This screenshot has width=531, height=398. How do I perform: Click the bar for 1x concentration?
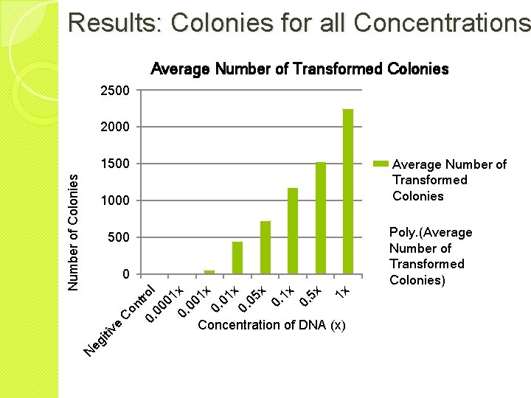click(x=348, y=192)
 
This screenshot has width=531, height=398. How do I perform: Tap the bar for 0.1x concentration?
click(x=293, y=231)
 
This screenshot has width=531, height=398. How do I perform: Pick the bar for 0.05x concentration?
click(x=265, y=248)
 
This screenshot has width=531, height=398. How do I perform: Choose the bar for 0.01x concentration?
click(x=237, y=258)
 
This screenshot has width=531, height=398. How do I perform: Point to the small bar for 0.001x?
click(x=209, y=272)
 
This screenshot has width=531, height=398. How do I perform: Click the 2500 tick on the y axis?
click(x=114, y=91)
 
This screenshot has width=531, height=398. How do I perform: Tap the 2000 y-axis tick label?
click(x=114, y=127)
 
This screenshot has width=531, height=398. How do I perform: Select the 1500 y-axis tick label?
click(x=114, y=164)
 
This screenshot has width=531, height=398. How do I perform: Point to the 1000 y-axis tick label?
click(x=114, y=200)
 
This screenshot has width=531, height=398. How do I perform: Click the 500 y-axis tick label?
click(x=118, y=237)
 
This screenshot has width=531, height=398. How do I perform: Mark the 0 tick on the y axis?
click(x=126, y=274)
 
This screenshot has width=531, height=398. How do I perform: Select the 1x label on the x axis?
click(x=344, y=290)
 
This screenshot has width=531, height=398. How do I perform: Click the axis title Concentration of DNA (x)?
click(x=271, y=325)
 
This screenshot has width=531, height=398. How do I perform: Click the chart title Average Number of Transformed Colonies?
click(x=299, y=69)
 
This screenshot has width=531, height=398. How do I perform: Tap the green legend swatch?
click(x=381, y=164)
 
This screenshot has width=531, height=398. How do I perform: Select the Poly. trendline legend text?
click(x=430, y=256)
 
